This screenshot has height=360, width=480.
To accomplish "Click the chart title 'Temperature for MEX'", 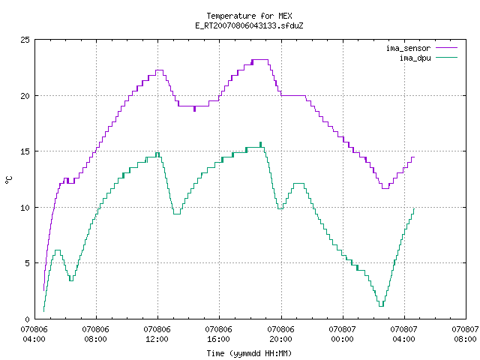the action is pos(249,16).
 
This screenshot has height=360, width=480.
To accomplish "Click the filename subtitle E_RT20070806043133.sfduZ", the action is pos(249,25).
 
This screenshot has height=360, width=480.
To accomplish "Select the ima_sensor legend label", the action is pos(408,48).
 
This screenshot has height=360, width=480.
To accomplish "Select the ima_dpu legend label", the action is pos(415,58).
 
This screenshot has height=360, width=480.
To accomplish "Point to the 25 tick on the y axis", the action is pos(25,40).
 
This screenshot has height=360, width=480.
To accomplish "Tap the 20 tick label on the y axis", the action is pos(25,96).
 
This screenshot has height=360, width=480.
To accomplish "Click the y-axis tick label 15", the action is pos(25,151).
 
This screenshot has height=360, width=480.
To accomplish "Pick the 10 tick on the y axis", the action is pos(25,208).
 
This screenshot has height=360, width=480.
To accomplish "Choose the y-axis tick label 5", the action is pos(28,263).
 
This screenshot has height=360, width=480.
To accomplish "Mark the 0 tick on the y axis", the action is pos(28,319).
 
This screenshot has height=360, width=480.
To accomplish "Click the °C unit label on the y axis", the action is pos(9,180).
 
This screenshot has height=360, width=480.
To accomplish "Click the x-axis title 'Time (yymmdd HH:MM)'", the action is pos(249,353).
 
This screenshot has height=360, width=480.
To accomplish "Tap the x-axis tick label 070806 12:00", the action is pos(157,334).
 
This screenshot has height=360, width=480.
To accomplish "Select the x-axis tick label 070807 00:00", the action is pos(342,334).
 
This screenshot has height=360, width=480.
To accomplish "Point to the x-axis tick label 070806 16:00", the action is pos(219,334).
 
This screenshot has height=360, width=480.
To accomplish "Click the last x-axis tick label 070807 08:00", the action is pos(465,334).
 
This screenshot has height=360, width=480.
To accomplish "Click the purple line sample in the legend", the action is pos(447,48).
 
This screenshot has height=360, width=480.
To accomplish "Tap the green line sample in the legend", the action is pos(447,57).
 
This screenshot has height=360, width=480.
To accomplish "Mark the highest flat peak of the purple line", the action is pos(260,60).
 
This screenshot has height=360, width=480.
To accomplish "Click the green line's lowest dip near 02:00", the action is pos(381,306).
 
